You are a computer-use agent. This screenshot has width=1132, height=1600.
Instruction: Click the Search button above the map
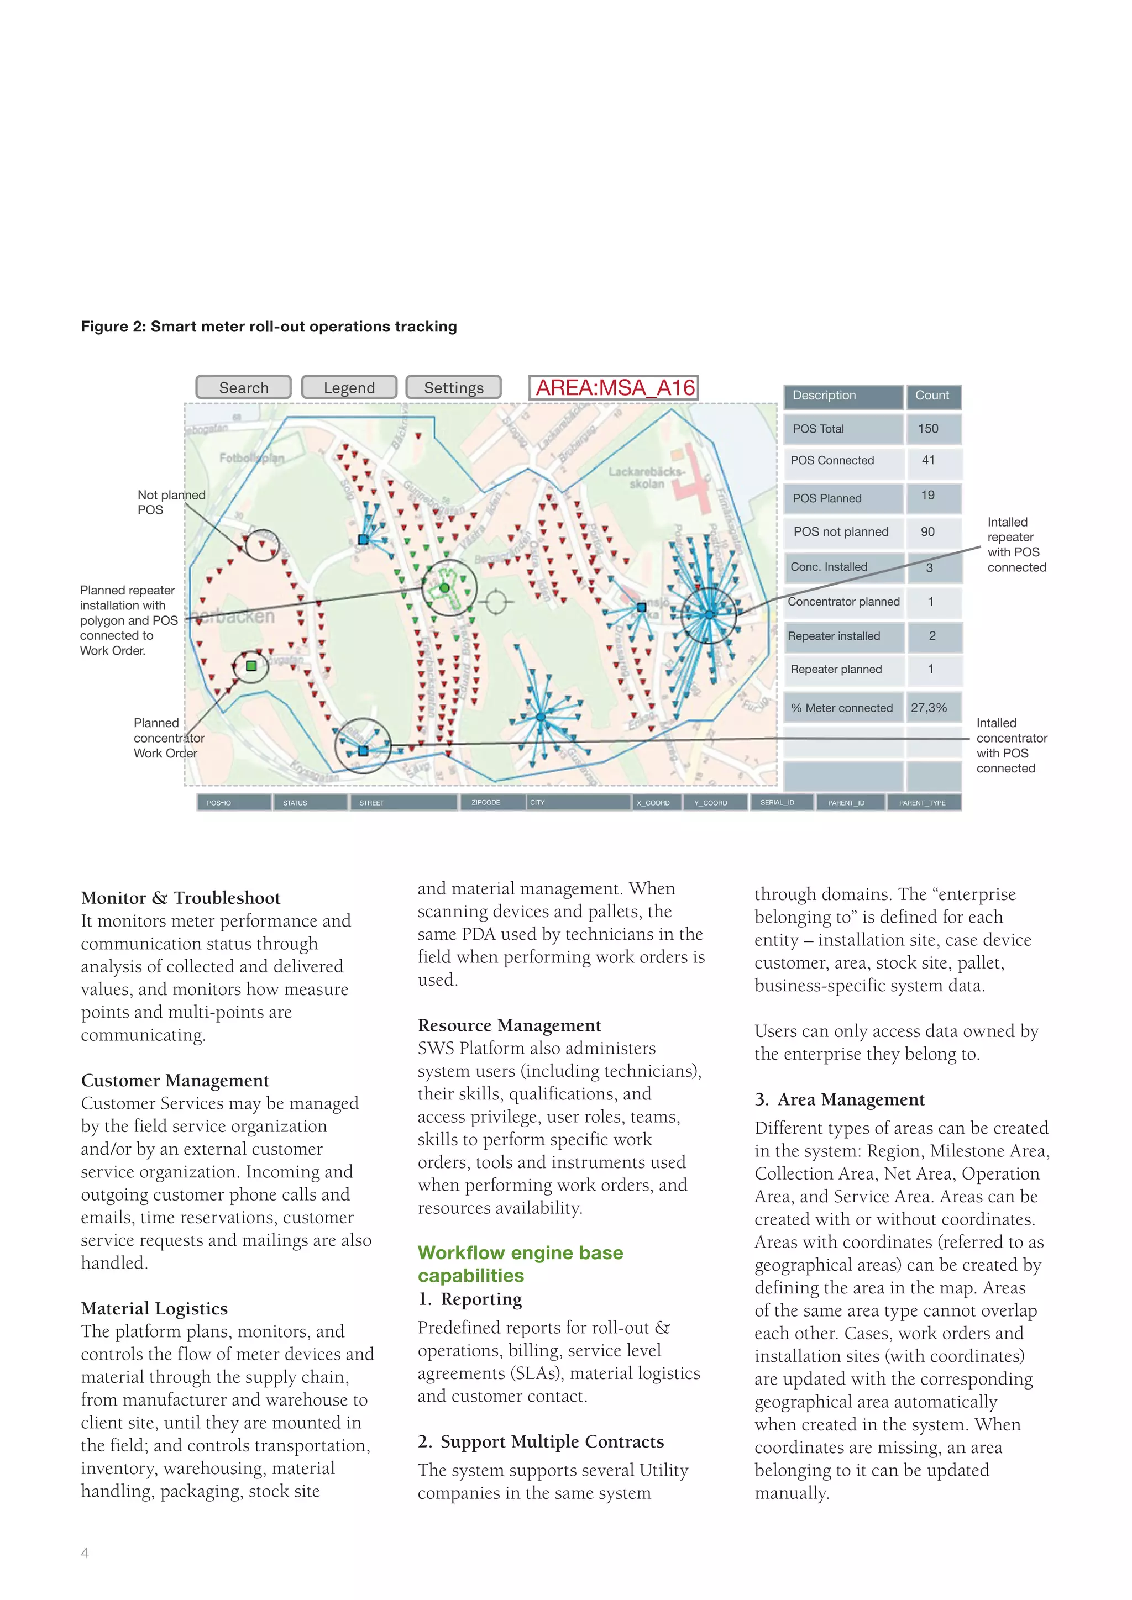(243, 387)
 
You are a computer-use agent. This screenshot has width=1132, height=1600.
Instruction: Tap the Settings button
(453, 387)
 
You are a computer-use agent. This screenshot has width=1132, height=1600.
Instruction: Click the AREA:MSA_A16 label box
(614, 387)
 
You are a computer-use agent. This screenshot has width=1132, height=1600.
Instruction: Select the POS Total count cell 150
(928, 429)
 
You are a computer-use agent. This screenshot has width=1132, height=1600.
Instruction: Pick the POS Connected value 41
(928, 460)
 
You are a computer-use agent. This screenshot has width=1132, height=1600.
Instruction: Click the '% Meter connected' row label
(841, 708)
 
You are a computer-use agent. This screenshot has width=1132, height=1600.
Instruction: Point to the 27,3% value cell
(929, 708)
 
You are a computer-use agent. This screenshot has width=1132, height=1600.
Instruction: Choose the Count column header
(932, 396)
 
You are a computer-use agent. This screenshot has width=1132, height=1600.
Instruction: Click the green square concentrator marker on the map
(251, 666)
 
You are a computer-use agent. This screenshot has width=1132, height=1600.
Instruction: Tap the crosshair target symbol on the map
(496, 602)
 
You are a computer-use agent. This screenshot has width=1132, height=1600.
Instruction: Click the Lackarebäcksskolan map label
(646, 477)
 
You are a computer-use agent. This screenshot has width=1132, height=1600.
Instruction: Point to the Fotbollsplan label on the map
(251, 458)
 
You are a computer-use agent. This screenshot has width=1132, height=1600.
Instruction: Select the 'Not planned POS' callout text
(171, 502)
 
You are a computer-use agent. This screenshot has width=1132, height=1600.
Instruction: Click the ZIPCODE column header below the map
(486, 803)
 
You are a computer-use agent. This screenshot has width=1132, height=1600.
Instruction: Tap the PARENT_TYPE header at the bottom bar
(921, 803)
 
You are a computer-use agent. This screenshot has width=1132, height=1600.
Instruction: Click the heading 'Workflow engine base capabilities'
(520, 1264)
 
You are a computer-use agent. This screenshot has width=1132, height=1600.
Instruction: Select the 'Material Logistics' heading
(154, 1309)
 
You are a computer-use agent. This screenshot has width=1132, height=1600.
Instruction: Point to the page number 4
(85, 1552)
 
